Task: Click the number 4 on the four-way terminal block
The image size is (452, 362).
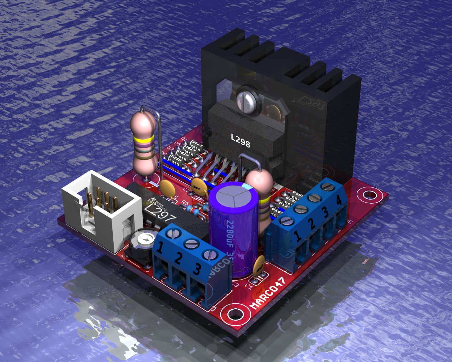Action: (339, 200)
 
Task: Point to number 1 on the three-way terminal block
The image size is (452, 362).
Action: (159, 248)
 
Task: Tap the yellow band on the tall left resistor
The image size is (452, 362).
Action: (143, 141)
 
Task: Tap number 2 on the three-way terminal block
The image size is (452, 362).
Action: (178, 258)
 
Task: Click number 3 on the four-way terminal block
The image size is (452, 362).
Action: (325, 212)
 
